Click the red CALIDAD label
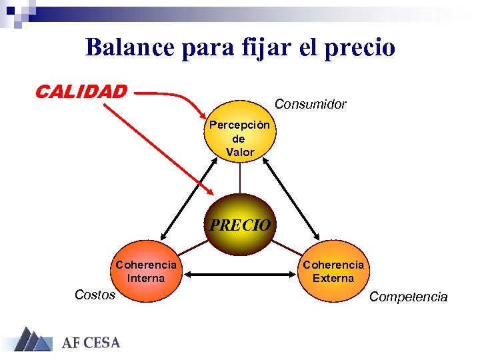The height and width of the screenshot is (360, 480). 81,91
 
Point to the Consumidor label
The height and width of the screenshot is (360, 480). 311,104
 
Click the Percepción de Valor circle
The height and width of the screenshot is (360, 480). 240,138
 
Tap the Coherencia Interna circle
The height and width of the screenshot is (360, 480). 146,271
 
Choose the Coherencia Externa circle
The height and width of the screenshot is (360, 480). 333,271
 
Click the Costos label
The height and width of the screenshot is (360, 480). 95,295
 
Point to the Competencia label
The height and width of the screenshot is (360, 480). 408,297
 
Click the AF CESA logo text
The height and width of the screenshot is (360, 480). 91,343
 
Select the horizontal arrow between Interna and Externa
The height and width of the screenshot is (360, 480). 240,273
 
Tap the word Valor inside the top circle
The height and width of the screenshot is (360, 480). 240,152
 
